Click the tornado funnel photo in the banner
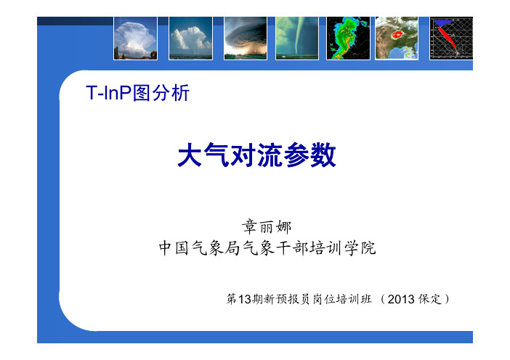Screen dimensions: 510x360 pyautogui.click(x=297, y=38)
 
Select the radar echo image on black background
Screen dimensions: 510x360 pyautogui.click(x=348, y=38)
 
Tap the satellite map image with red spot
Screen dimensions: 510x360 pyautogui.click(x=397, y=38)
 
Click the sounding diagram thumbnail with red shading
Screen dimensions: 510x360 pyautogui.click(x=451, y=38)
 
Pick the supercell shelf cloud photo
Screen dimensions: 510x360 pyautogui.click(x=246, y=38)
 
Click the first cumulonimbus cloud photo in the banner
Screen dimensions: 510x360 pyautogui.click(x=135, y=38)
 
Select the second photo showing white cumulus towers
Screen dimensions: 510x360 pyautogui.click(x=190, y=38)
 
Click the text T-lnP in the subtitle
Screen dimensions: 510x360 pyautogui.click(x=109, y=93)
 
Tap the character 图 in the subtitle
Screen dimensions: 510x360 pyautogui.click(x=142, y=93)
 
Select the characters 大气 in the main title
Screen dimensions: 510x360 pyautogui.click(x=203, y=155)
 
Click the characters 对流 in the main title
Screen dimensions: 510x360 pyautogui.click(x=256, y=155)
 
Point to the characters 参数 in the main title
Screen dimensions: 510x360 pyautogui.click(x=309, y=155)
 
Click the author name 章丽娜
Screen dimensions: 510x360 pyautogui.click(x=267, y=226)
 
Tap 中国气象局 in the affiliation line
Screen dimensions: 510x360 pyautogui.click(x=200, y=248)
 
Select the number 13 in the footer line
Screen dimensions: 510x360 pyautogui.click(x=245, y=299)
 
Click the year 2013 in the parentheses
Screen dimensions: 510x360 pyautogui.click(x=401, y=299)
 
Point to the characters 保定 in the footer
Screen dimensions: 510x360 pyautogui.click(x=430, y=299)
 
